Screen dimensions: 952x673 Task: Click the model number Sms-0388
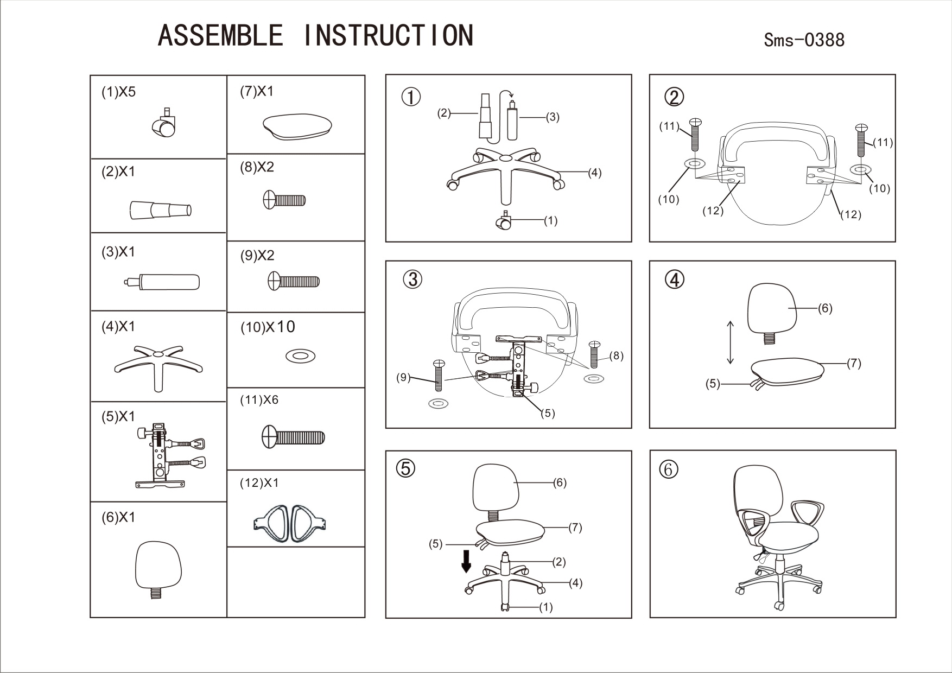click(x=804, y=40)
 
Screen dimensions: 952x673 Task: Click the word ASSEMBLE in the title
click(x=220, y=35)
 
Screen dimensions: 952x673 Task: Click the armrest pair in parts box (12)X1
click(x=290, y=523)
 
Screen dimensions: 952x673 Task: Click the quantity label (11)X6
click(x=259, y=400)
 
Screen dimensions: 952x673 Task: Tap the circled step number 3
click(x=413, y=279)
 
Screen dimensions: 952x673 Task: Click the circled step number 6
click(x=668, y=469)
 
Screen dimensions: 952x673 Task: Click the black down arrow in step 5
click(x=466, y=561)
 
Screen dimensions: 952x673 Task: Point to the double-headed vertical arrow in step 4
click(x=731, y=342)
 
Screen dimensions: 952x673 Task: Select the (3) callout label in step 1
click(x=552, y=117)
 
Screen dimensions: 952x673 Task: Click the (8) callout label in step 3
click(x=616, y=356)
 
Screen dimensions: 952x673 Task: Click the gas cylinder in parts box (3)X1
click(x=163, y=282)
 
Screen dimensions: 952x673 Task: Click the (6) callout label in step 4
click(x=825, y=308)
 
